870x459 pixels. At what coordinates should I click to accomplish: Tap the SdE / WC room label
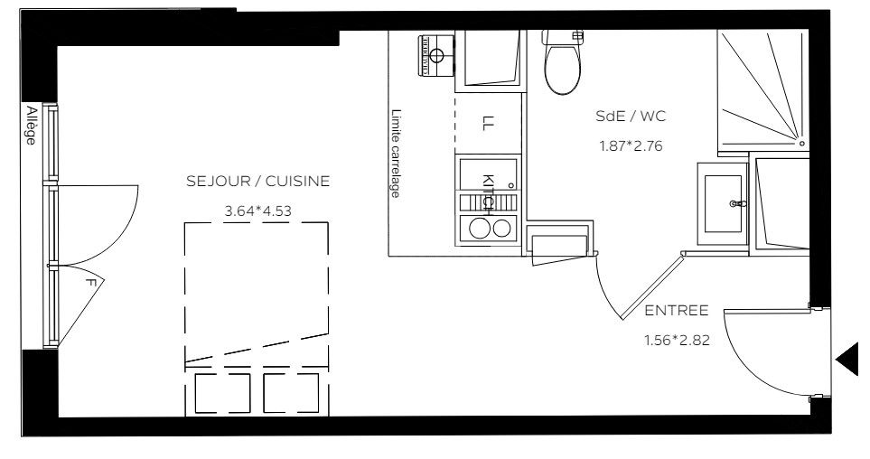pos(631,116)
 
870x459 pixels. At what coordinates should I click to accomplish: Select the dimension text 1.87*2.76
pos(631,146)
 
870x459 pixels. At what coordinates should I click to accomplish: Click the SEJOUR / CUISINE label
pos(258,181)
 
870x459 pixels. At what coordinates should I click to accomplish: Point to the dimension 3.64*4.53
pos(258,211)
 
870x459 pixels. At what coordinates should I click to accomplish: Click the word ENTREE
pos(677,310)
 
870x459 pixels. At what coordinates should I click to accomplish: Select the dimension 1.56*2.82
pos(677,341)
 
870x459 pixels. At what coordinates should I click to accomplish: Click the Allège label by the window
pos(31,125)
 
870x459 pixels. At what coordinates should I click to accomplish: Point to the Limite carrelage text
pos(395,154)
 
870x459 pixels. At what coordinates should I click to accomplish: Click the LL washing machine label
pos(488,123)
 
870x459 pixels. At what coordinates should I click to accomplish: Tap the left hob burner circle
pos(479,228)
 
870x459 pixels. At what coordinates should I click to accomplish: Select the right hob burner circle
pos(501,228)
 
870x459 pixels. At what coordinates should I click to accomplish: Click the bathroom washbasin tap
pos(738,203)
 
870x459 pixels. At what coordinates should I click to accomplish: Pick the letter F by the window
pos(91,283)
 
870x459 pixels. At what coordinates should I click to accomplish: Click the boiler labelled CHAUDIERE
pos(436,55)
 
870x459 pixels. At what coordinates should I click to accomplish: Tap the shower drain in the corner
pos(801,143)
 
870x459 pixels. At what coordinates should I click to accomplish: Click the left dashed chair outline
pos(222,393)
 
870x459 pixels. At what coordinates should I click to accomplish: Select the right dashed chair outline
pos(291,393)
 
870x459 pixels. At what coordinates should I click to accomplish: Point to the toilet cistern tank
pos(563,37)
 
